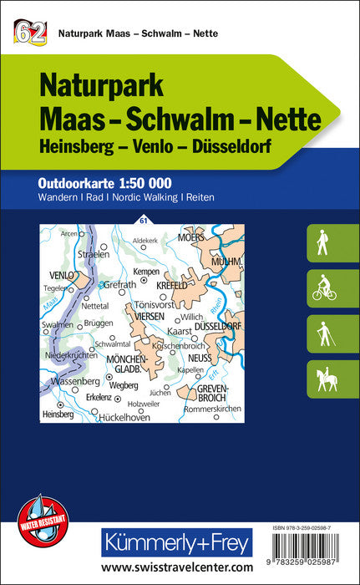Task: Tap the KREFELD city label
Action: (x=172, y=284)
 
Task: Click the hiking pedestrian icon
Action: (x=322, y=243)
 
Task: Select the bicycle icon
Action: (x=322, y=288)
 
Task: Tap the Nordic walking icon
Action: (x=322, y=334)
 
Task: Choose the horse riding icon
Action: (x=322, y=379)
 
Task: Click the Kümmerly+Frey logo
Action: (x=175, y=544)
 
